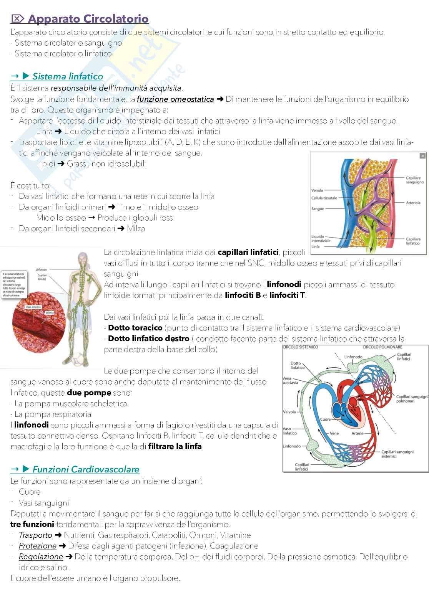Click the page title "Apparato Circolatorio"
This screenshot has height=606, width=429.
88,19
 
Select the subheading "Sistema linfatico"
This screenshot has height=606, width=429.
67,76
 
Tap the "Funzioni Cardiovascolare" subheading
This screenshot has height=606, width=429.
86,469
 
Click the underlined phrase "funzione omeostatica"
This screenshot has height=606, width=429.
175,99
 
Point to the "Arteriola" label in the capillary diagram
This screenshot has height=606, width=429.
413,203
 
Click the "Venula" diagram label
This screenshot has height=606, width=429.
317,190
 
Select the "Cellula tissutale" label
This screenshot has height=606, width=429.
324,198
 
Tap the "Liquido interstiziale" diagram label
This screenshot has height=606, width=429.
321,239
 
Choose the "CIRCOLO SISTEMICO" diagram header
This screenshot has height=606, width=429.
300,347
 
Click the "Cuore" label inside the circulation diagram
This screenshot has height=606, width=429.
325,419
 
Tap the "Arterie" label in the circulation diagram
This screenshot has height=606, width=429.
357,433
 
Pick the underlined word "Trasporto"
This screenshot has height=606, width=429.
35,535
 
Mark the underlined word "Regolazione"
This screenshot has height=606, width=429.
41,556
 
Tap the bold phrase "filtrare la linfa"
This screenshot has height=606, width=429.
175,446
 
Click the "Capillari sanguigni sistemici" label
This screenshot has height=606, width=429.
397,454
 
